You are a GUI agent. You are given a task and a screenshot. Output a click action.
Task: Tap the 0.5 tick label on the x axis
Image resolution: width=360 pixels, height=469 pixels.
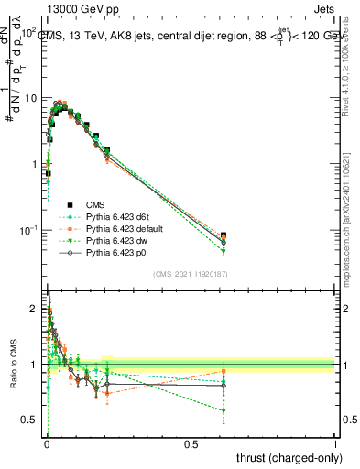(x=191, y=442)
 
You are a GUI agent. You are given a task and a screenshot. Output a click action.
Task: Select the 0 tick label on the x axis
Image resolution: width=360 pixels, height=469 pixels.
(x=47, y=442)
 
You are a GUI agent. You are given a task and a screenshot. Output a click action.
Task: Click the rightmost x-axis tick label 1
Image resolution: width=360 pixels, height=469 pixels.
(x=335, y=442)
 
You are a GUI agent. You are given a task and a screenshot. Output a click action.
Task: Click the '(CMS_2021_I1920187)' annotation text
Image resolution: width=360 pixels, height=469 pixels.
(x=191, y=274)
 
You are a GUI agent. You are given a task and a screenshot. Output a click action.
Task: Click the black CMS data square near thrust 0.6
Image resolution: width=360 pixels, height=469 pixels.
(x=224, y=236)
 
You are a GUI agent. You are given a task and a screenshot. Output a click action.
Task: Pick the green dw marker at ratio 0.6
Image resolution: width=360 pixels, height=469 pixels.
(x=224, y=410)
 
